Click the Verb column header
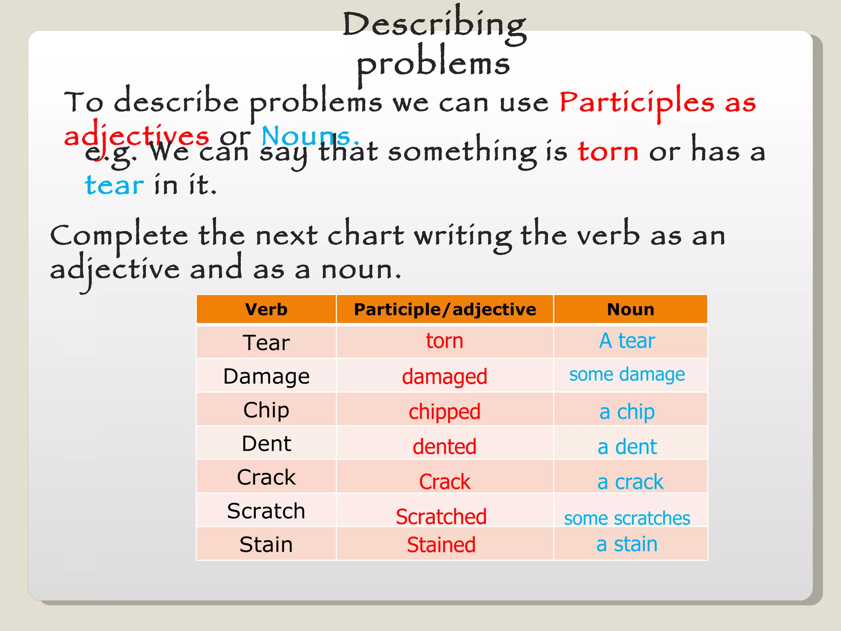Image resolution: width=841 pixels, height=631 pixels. point(266,309)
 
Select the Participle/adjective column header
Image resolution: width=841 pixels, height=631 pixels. point(445,309)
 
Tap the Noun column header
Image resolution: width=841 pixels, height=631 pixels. point(630,309)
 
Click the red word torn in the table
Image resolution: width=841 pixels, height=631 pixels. point(444,341)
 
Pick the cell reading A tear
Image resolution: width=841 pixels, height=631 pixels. point(627,341)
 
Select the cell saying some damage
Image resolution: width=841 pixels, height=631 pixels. point(627,375)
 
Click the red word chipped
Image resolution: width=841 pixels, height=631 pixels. point(444,412)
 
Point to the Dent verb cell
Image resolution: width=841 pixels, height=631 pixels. point(266,444)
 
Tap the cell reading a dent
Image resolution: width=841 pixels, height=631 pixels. point(627,447)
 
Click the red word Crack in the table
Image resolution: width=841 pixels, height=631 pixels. point(444,481)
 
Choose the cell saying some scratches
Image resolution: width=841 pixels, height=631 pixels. point(627,518)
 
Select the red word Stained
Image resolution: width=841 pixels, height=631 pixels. point(441,545)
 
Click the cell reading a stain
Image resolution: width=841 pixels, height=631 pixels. point(627,544)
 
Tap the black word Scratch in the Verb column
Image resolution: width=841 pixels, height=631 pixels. point(266,511)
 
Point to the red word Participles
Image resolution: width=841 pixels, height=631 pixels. point(636,103)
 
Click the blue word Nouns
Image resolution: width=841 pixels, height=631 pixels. point(306,136)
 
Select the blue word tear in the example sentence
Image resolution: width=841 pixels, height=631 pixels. point(114,185)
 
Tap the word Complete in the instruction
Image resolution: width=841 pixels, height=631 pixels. point(119,236)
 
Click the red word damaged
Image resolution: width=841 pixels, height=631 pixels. point(444,377)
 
